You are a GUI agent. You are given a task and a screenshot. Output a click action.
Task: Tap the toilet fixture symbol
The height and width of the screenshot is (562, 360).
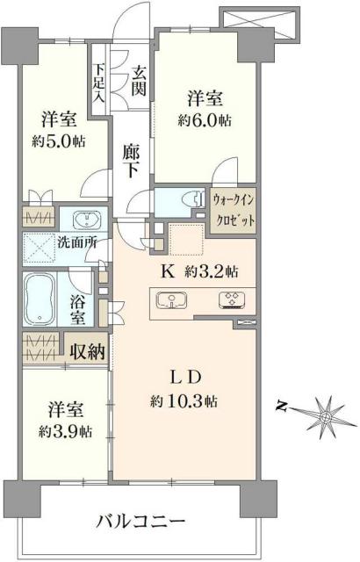point(184,200)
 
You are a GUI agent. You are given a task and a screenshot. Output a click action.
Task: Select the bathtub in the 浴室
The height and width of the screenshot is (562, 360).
point(41,299)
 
